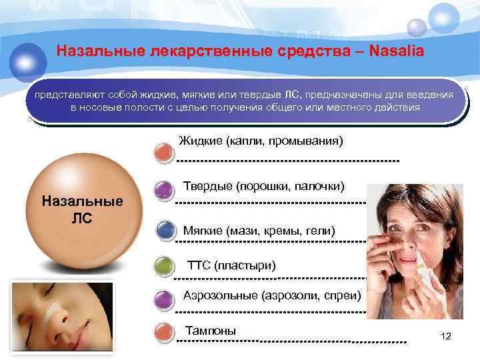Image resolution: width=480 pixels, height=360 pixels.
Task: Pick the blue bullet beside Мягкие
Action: tap(163, 231)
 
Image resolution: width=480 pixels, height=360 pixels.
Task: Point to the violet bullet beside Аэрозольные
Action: tap(163, 299)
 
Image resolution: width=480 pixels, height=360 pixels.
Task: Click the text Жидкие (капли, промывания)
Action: tap(261, 141)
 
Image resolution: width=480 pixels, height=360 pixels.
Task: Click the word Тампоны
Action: tap(210, 330)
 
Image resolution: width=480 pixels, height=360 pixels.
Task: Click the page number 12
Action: tap(446, 336)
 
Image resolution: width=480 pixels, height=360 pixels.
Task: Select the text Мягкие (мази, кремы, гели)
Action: tap(259, 231)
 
